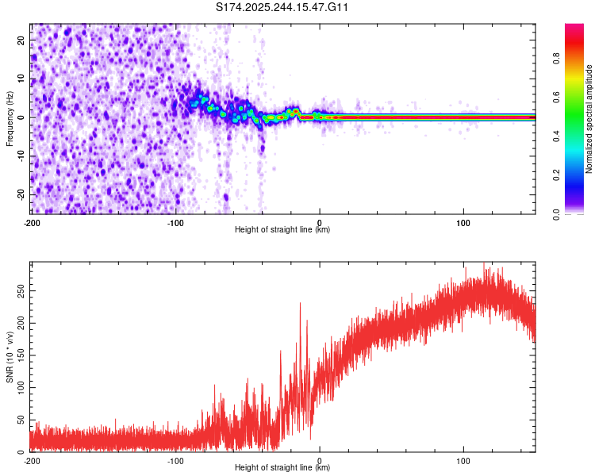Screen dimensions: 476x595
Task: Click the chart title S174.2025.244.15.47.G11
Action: tap(283, 8)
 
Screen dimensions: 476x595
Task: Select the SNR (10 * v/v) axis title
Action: tap(10, 357)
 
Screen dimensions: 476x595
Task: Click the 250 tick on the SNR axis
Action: tap(18, 292)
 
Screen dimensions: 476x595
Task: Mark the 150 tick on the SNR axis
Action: tap(18, 356)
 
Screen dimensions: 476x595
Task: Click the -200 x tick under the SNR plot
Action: tap(32, 460)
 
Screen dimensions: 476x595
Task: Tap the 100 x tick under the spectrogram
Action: tap(464, 222)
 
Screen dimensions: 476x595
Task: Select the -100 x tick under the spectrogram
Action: tap(175, 222)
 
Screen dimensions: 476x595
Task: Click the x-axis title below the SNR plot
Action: tap(282, 468)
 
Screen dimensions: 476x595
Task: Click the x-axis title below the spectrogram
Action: tap(282, 230)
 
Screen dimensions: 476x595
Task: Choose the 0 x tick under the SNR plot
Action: tap(320, 460)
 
